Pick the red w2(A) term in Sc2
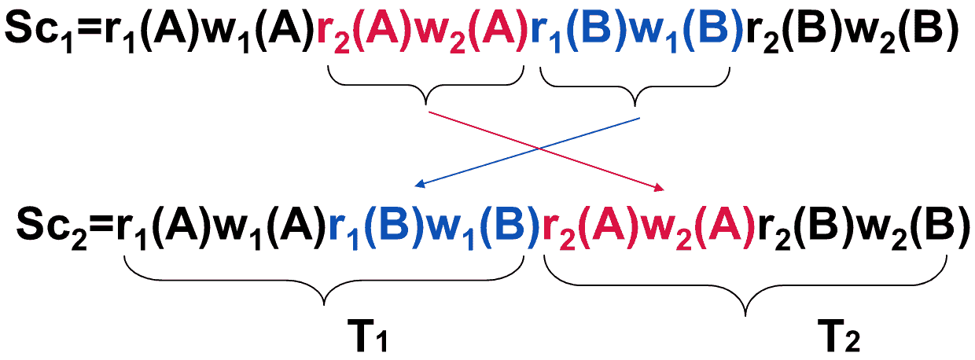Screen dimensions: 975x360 (x=691, y=225)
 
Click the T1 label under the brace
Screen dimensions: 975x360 (x=370, y=339)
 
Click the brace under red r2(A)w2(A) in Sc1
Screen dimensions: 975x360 (x=426, y=86)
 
